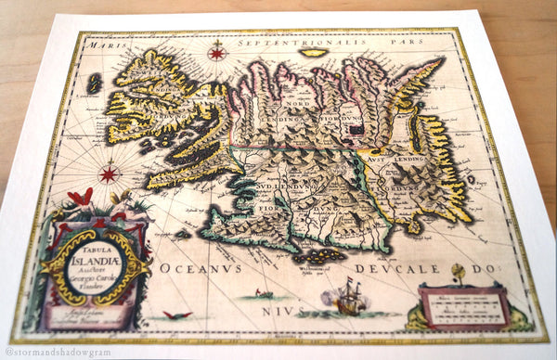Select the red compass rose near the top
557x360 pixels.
[x=217, y=52]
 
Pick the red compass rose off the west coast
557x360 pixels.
[x=109, y=173]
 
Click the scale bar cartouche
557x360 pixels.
[x=461, y=307]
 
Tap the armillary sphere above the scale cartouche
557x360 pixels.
[x=457, y=274]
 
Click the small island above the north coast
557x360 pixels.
[x=315, y=53]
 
